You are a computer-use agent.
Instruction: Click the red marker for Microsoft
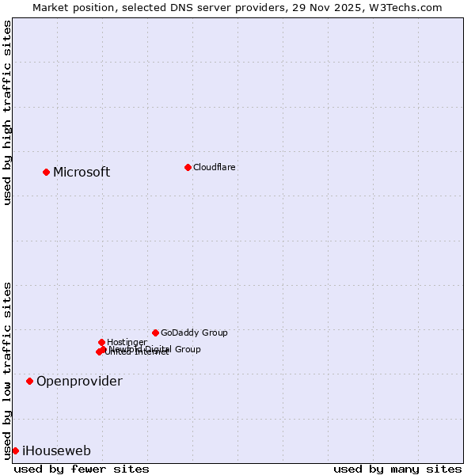click(46, 172)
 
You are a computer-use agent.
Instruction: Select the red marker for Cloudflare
click(188, 167)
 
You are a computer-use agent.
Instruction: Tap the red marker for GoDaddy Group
click(155, 332)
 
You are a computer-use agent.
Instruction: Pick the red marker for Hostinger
click(101, 342)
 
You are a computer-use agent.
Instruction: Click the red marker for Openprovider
click(29, 381)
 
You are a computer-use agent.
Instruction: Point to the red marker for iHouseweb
click(15, 450)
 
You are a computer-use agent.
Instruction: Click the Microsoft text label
click(82, 172)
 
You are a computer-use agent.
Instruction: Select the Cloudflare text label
click(214, 167)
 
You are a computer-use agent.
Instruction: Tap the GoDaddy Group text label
click(194, 332)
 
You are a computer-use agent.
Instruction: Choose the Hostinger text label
click(127, 342)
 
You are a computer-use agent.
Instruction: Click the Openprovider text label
click(79, 381)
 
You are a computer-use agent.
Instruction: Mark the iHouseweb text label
click(56, 450)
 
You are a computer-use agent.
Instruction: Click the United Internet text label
click(137, 352)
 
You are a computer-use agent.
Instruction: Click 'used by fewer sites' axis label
click(82, 469)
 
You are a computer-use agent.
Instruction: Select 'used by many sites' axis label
click(397, 469)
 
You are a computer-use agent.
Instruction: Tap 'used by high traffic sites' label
click(7, 112)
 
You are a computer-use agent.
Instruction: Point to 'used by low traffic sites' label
click(7, 370)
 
